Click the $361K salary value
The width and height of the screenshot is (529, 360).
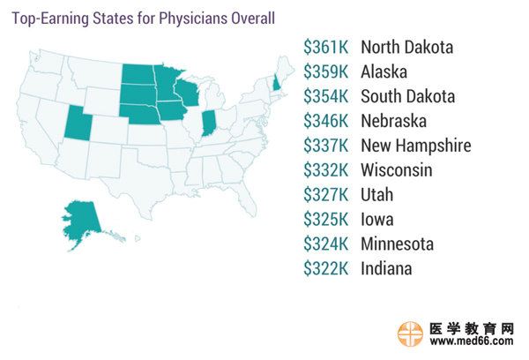pyautogui.click(x=327, y=47)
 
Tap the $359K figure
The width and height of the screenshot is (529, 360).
pyautogui.click(x=327, y=71)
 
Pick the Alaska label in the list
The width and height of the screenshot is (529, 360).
pyautogui.click(x=384, y=71)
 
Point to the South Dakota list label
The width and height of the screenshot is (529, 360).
pyautogui.click(x=408, y=96)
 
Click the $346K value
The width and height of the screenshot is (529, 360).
pyautogui.click(x=327, y=121)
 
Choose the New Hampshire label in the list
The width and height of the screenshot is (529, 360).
pyautogui.click(x=415, y=146)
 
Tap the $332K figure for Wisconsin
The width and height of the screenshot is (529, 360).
pyautogui.click(x=327, y=170)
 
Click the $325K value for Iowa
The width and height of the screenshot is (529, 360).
pyautogui.click(x=327, y=220)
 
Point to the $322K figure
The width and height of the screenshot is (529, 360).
pyautogui.click(x=327, y=269)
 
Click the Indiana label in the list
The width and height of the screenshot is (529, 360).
pyautogui.click(x=386, y=269)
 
